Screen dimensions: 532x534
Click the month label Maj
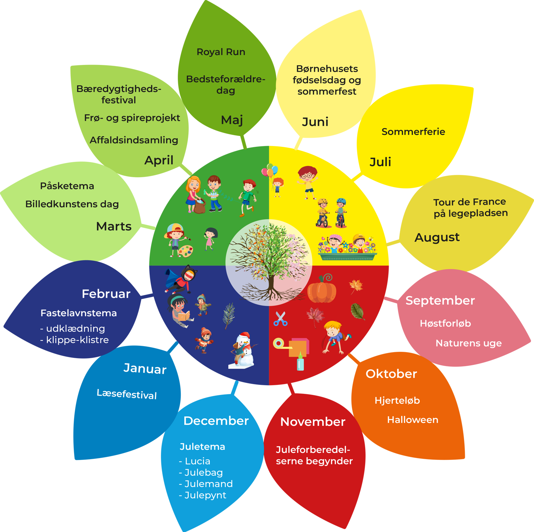232,120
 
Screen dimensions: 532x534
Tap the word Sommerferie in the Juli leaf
413,132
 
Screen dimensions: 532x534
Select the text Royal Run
221,52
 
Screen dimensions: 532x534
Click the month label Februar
106,294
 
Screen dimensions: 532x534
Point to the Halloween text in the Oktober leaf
413,420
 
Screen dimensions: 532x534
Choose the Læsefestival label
127,394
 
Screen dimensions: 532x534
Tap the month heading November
313,422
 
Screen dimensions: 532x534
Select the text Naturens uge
468,343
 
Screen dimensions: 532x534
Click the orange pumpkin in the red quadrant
322,289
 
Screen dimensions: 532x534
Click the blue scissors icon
280,319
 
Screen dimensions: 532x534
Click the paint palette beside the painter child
185,251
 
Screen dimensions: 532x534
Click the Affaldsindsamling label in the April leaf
134,140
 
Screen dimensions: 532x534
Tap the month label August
437,237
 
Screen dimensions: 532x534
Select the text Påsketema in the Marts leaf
67,186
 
